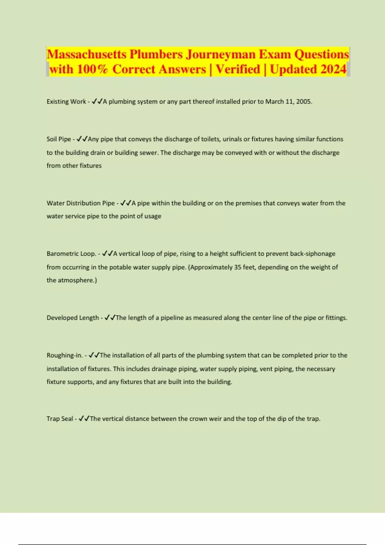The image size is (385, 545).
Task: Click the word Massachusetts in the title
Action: [x=87, y=54]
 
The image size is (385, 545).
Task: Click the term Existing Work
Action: [x=66, y=102]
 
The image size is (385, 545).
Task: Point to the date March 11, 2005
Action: [x=288, y=102]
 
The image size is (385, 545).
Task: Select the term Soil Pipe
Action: [x=59, y=139]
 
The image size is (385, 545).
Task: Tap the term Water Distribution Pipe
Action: [x=81, y=203]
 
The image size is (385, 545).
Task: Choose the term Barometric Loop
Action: [x=71, y=254]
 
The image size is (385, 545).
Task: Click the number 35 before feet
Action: [x=238, y=267]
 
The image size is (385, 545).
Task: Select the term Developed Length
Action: [x=73, y=318]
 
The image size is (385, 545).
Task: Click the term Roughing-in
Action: [x=64, y=356]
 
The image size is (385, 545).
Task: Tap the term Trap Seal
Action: [x=60, y=419]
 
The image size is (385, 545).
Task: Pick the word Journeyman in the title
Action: [x=221, y=54]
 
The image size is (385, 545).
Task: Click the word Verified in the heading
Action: [x=238, y=69]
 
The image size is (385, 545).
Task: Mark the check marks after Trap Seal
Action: [x=84, y=419]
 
